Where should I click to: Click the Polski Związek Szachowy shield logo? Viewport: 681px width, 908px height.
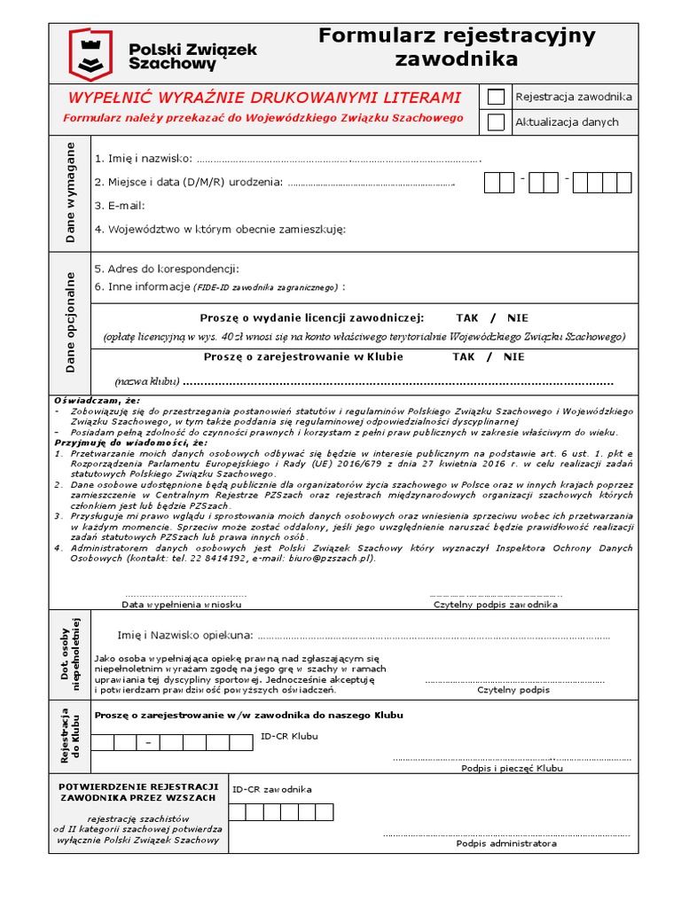pyautogui.click(x=91, y=54)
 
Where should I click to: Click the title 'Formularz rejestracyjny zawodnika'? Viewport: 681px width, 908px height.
pyautogui.click(x=457, y=48)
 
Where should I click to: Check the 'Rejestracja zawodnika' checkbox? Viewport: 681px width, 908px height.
pyautogui.click(x=497, y=97)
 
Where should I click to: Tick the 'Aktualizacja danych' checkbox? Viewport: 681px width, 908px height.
pyautogui.click(x=497, y=122)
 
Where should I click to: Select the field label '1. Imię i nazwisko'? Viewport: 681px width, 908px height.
pyautogui.click(x=143, y=158)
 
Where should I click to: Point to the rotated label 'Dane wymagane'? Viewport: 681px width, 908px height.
pyautogui.click(x=71, y=192)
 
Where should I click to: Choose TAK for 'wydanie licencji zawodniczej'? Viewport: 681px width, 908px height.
pyautogui.click(x=466, y=317)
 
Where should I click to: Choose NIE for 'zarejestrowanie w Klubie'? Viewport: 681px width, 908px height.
pyautogui.click(x=513, y=356)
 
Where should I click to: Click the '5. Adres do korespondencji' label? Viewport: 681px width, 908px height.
pyautogui.click(x=167, y=269)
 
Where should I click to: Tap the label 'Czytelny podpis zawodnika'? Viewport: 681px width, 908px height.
pyautogui.click(x=495, y=604)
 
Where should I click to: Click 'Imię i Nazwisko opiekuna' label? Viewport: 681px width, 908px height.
pyautogui.click(x=184, y=635)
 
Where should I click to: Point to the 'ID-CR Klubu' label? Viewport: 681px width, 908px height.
pyautogui.click(x=289, y=736)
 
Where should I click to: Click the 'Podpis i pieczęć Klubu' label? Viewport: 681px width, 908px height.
pyautogui.click(x=512, y=769)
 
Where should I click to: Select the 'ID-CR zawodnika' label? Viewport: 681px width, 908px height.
pyautogui.click(x=271, y=789)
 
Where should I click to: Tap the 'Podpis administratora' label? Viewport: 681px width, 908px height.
pyautogui.click(x=506, y=843)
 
